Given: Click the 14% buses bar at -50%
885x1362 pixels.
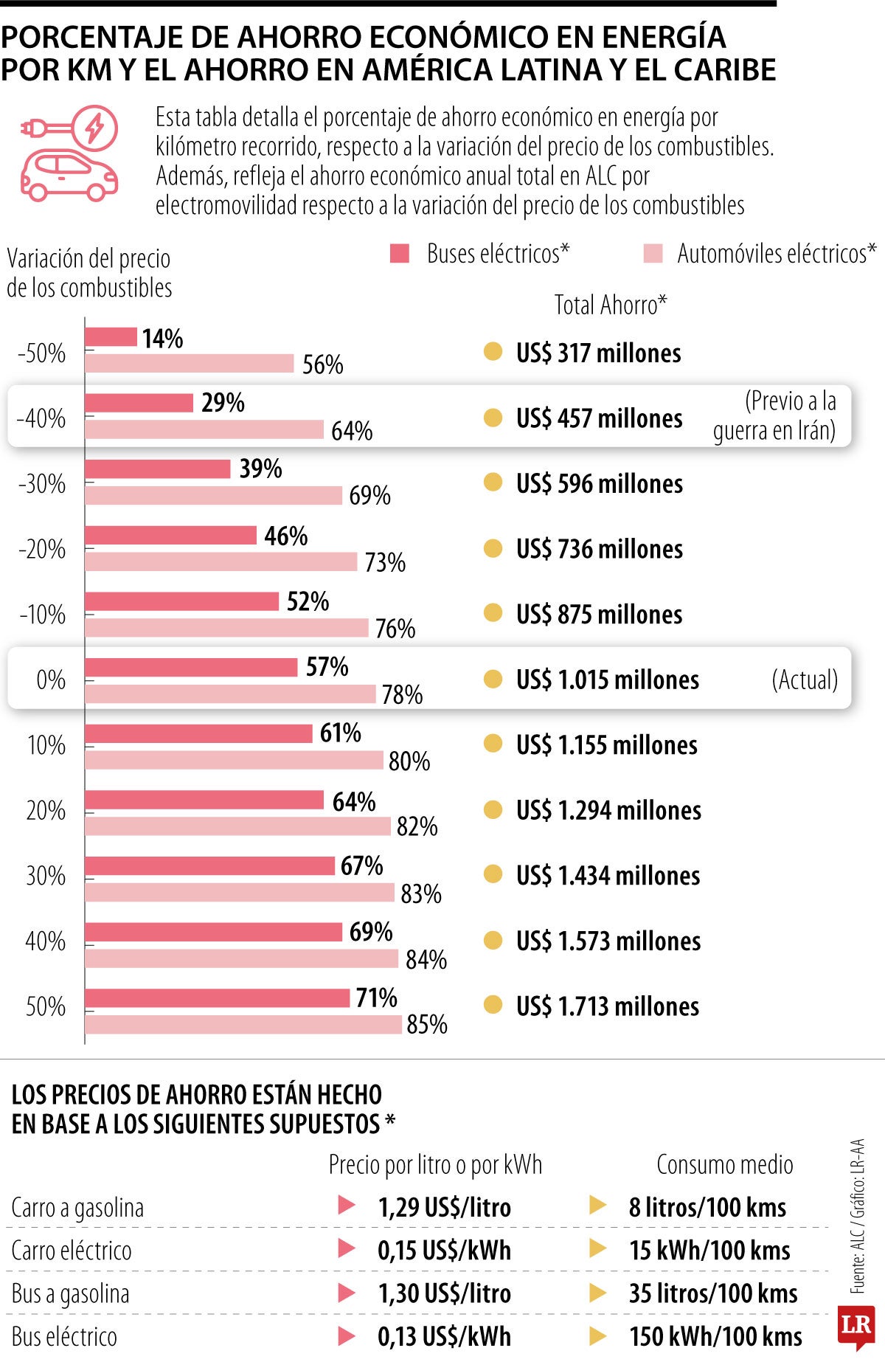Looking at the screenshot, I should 111,337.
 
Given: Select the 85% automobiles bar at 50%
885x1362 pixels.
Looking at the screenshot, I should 243,1024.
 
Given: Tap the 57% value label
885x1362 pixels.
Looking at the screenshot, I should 327,667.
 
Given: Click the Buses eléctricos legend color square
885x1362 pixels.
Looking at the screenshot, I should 400,254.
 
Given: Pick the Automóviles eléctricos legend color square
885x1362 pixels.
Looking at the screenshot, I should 653,254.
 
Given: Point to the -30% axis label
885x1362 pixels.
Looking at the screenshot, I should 42,484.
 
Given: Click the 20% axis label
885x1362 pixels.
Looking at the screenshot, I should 45,811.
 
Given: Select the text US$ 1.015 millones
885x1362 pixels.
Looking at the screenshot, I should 607,680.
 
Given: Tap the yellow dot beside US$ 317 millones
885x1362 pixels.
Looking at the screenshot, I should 493,352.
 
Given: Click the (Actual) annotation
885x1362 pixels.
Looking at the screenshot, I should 805,680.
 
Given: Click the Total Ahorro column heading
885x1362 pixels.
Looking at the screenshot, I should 610,305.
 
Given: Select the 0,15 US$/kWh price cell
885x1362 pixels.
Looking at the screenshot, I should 444,1251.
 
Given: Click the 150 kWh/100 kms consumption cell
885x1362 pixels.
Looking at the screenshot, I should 715,1336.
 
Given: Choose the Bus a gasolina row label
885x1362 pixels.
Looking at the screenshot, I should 70,1293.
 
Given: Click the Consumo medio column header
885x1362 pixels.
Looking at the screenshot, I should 724,1164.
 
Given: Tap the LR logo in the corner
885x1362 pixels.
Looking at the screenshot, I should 855,1325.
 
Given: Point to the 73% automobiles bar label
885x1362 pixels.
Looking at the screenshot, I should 385,563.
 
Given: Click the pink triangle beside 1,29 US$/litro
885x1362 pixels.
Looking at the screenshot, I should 346,1206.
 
